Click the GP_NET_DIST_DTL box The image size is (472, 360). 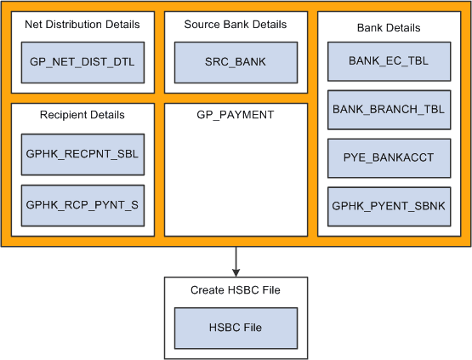click(82, 60)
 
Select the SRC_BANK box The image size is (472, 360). click(236, 60)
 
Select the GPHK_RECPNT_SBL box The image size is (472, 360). click(82, 154)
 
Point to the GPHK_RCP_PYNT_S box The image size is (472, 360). click(82, 205)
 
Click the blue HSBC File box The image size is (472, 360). click(236, 328)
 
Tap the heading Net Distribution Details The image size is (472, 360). click(82, 25)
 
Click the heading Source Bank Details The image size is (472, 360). click(236, 25)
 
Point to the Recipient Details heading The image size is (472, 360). click(82, 115)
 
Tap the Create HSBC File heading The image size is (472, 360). click(236, 290)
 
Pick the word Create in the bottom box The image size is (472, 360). click(208, 290)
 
